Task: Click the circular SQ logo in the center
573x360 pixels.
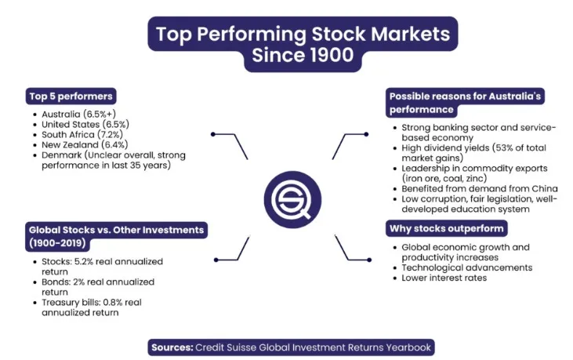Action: [292, 199]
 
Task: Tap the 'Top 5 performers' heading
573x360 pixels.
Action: [71, 96]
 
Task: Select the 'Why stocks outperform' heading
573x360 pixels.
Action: [447, 229]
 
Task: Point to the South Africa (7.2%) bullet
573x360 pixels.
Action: [82, 134]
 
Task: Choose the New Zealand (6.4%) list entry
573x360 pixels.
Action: [85, 145]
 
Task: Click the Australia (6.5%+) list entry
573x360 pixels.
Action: [78, 114]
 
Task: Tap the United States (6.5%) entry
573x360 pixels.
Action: [85, 124]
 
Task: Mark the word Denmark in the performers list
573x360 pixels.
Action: [61, 155]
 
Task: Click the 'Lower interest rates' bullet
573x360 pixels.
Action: [444, 278]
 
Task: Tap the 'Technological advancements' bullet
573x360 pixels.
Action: [467, 267]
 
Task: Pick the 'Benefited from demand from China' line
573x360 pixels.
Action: [480, 188]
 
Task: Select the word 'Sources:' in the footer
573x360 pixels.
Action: [172, 347]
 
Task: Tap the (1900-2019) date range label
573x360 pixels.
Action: [57, 243]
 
